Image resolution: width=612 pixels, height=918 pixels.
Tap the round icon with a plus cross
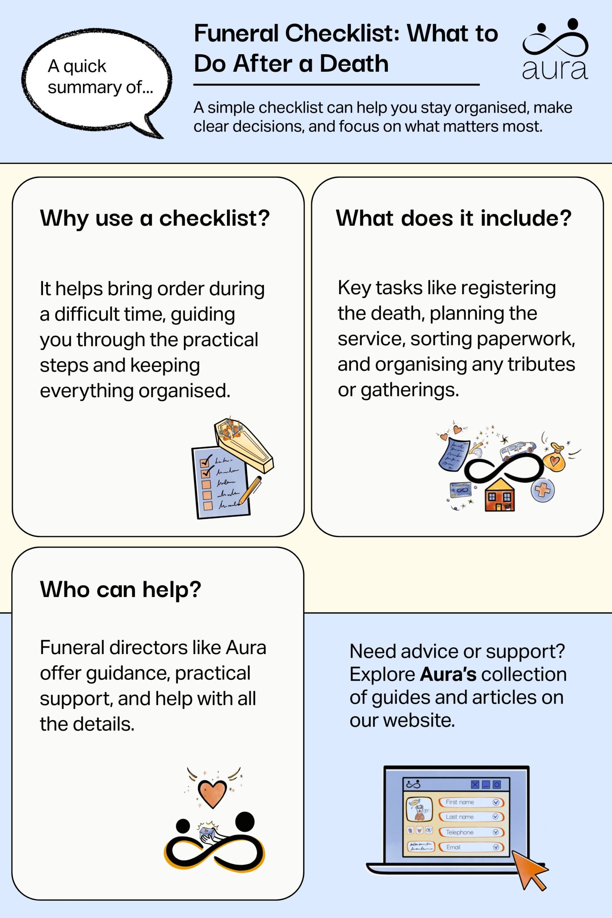[542, 489]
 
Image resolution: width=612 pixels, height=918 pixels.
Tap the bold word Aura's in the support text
[448, 674]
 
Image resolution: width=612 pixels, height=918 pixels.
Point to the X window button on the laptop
[475, 785]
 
